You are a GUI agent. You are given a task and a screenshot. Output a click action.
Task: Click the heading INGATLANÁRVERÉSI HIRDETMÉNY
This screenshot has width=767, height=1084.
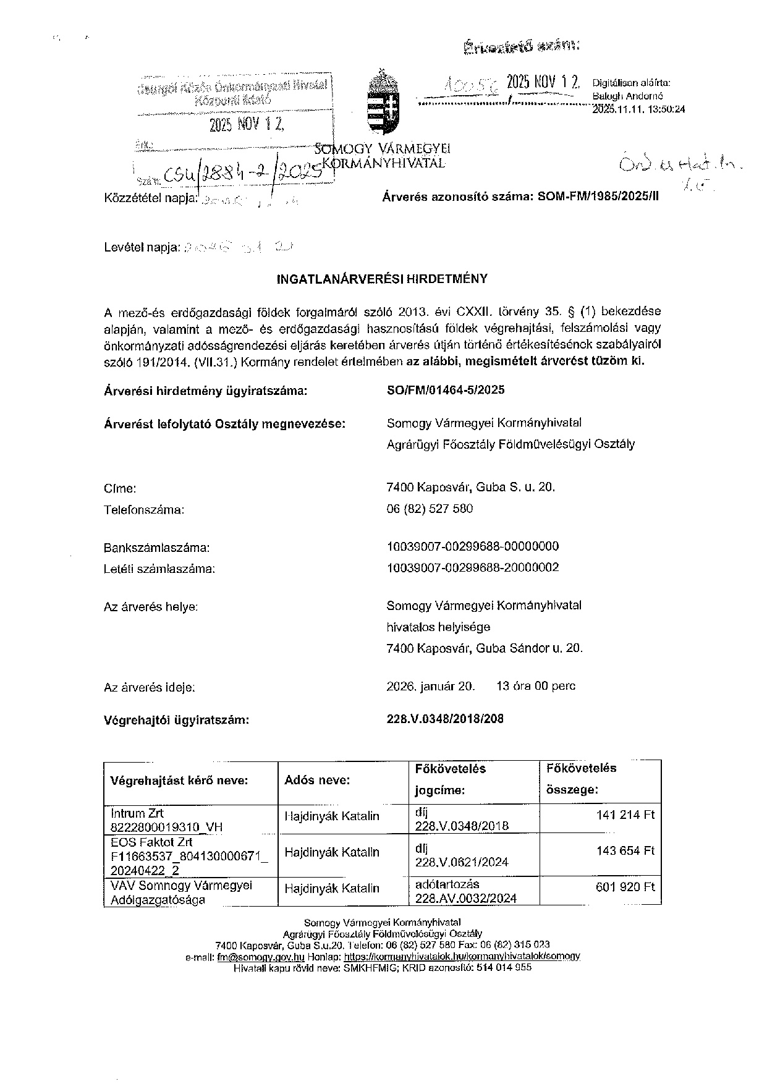pos(382,279)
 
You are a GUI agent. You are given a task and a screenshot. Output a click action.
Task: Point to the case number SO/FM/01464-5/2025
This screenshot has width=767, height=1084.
pos(445,390)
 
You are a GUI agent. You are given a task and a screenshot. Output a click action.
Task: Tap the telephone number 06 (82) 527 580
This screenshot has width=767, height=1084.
pos(430,509)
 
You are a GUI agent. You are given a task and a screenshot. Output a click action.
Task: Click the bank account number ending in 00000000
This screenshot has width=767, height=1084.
pos(472,546)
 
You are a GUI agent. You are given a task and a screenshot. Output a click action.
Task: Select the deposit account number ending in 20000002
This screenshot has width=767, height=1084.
pos(472,567)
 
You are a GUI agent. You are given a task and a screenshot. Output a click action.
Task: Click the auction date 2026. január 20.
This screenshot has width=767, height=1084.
pos(431,686)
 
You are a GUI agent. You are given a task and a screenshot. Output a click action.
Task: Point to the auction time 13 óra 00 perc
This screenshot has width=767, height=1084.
pos(535,686)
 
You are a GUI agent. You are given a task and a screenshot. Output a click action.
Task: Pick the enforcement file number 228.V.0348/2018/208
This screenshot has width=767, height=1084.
pos(445,719)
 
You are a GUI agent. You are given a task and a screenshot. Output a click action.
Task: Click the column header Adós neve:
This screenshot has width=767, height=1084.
pos(317,780)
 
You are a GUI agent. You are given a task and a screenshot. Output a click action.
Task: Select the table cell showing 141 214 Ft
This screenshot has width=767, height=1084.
pos(625,815)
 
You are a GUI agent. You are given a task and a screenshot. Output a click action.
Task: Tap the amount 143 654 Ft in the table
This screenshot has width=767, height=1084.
pos(625,851)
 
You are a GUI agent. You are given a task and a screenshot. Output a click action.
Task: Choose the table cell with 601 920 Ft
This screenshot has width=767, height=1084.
pos(625,887)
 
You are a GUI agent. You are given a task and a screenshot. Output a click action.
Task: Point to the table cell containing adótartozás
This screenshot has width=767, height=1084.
pos(447,884)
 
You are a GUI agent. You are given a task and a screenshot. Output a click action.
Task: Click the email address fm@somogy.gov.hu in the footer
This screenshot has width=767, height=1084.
pos(260,956)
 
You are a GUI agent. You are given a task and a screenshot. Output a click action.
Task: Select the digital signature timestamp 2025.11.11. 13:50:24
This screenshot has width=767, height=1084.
pos(638,109)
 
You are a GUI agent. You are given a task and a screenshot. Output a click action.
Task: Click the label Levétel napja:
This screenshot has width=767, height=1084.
pos(142,248)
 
